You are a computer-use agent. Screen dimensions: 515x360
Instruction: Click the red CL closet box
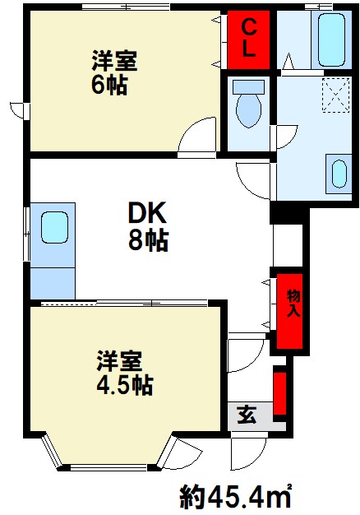249,39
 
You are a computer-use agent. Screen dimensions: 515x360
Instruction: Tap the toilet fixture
247,104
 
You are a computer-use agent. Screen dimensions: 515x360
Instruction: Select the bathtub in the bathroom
332,39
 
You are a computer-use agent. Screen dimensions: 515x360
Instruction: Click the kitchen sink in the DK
54,226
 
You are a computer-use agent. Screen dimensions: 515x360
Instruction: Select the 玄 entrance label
246,415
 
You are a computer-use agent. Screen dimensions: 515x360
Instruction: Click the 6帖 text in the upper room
109,85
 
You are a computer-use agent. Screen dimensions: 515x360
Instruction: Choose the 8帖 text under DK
148,241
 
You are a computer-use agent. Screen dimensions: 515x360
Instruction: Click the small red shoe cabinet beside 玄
279,393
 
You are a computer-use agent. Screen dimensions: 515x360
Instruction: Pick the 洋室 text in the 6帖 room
113,61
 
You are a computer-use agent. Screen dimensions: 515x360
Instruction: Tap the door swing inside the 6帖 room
197,136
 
